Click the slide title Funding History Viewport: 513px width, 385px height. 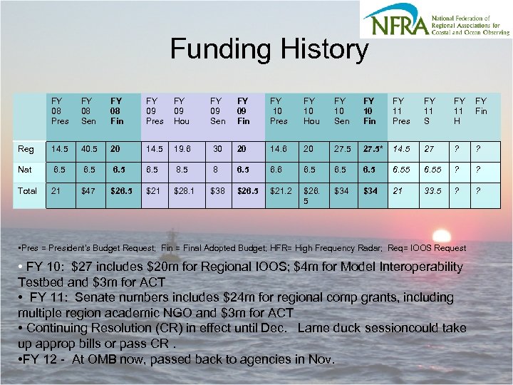(269, 50)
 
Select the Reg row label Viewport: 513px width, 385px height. (26, 149)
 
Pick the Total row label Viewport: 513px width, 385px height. (27, 191)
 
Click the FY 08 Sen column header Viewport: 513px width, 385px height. (87, 111)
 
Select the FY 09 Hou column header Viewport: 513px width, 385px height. (182, 111)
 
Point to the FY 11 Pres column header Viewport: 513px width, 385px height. (401, 111)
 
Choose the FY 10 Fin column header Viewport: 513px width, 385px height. (369, 111)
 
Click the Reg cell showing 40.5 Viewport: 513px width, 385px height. (89, 150)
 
